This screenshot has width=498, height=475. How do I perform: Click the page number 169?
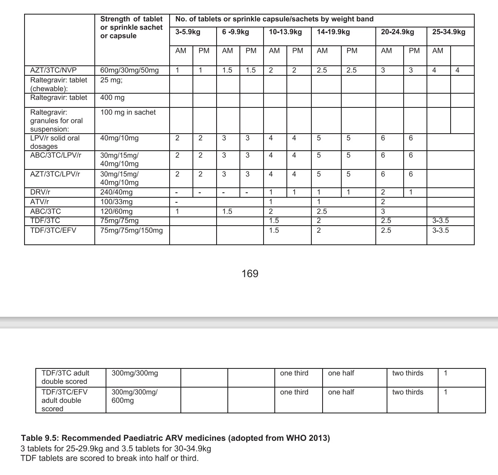tap(250, 274)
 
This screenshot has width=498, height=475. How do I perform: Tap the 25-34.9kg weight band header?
tap(449, 32)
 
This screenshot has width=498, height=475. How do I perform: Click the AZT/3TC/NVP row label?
tap(53, 70)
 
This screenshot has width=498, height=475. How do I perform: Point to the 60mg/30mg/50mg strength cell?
tap(129, 70)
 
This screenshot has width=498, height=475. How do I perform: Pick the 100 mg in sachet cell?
tap(128, 112)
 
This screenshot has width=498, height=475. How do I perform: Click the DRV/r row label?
tap(40, 192)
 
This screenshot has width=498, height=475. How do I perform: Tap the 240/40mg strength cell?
tap(116, 192)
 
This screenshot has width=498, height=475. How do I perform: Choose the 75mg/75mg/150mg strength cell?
tap(131, 230)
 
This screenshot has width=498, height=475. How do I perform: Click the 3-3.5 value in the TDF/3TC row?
tap(440, 221)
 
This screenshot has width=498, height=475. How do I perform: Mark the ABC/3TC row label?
tap(45, 211)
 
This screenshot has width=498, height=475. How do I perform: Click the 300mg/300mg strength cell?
tap(135, 373)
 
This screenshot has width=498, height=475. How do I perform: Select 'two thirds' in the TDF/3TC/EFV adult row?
tap(407, 392)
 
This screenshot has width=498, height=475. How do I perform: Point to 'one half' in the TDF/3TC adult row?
tap(341, 373)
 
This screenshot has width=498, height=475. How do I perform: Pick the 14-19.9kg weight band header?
tap(333, 32)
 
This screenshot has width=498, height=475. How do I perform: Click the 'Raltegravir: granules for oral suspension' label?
tap(57, 121)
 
